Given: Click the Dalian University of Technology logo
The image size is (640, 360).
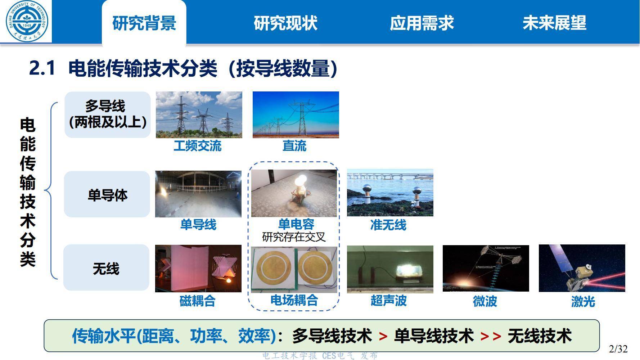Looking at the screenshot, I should pyautogui.click(x=26, y=22).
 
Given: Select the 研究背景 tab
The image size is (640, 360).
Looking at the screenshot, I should pyautogui.click(x=144, y=23).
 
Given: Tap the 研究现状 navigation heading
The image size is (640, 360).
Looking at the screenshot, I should pyautogui.click(x=285, y=23).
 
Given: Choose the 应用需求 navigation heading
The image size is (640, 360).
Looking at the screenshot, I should pyautogui.click(x=422, y=23).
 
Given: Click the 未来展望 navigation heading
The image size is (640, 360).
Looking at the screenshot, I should pyautogui.click(x=554, y=23).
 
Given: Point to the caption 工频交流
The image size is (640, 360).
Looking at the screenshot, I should pyautogui.click(x=197, y=146).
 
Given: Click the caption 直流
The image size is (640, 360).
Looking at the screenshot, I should pyautogui.click(x=294, y=146).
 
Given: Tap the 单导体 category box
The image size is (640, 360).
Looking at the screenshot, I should pyautogui.click(x=107, y=195).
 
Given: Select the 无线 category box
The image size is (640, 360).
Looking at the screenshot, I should pyautogui.click(x=106, y=268).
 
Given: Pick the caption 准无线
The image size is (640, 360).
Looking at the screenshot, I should pyautogui.click(x=388, y=225).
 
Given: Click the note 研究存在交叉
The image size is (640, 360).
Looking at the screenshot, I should pyautogui.click(x=294, y=237).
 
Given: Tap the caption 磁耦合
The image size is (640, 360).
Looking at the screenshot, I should pyautogui.click(x=197, y=301).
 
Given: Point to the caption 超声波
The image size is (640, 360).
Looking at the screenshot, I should pyautogui.click(x=388, y=301).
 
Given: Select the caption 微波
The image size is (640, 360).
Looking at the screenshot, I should pyautogui.click(x=485, y=301).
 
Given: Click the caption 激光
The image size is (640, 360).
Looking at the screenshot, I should pyautogui.click(x=583, y=301).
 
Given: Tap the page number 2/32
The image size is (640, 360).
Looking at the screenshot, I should pyautogui.click(x=618, y=349).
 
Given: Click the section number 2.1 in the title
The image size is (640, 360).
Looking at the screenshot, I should pyautogui.click(x=42, y=68).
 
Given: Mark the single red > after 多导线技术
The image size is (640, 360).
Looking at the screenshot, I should pyautogui.click(x=383, y=337).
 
